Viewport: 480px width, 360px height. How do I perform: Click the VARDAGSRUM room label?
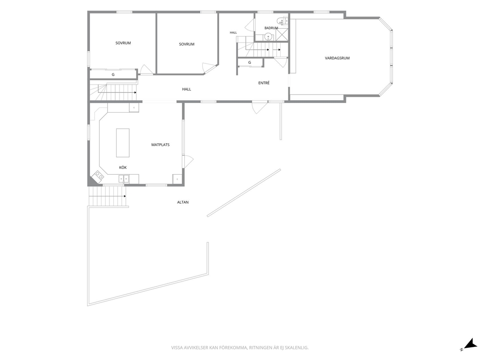(337, 58)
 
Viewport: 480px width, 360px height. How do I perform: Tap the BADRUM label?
(271, 28)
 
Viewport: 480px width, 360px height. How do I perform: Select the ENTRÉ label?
(264, 83)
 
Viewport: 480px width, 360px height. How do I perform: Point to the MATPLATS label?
(161, 145)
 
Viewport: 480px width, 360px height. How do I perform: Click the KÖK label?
(123, 167)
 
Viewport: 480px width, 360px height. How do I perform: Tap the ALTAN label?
(183, 202)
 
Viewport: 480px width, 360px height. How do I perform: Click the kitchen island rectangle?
(123, 143)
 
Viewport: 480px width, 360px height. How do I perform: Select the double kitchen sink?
(124, 179)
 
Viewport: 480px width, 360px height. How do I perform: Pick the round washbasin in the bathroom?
(269, 36)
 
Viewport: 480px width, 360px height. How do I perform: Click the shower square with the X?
(282, 34)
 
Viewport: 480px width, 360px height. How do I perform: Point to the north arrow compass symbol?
(468, 345)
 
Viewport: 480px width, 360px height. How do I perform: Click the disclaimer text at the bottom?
(240, 347)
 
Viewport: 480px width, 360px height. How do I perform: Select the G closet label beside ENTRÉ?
(250, 62)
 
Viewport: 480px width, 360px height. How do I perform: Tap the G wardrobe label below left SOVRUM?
(113, 75)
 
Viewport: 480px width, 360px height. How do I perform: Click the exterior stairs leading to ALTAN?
(107, 196)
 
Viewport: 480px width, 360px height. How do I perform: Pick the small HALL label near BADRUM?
(233, 32)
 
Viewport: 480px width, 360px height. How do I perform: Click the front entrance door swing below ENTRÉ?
(259, 107)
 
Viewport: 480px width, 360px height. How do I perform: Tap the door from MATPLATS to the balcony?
(188, 161)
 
